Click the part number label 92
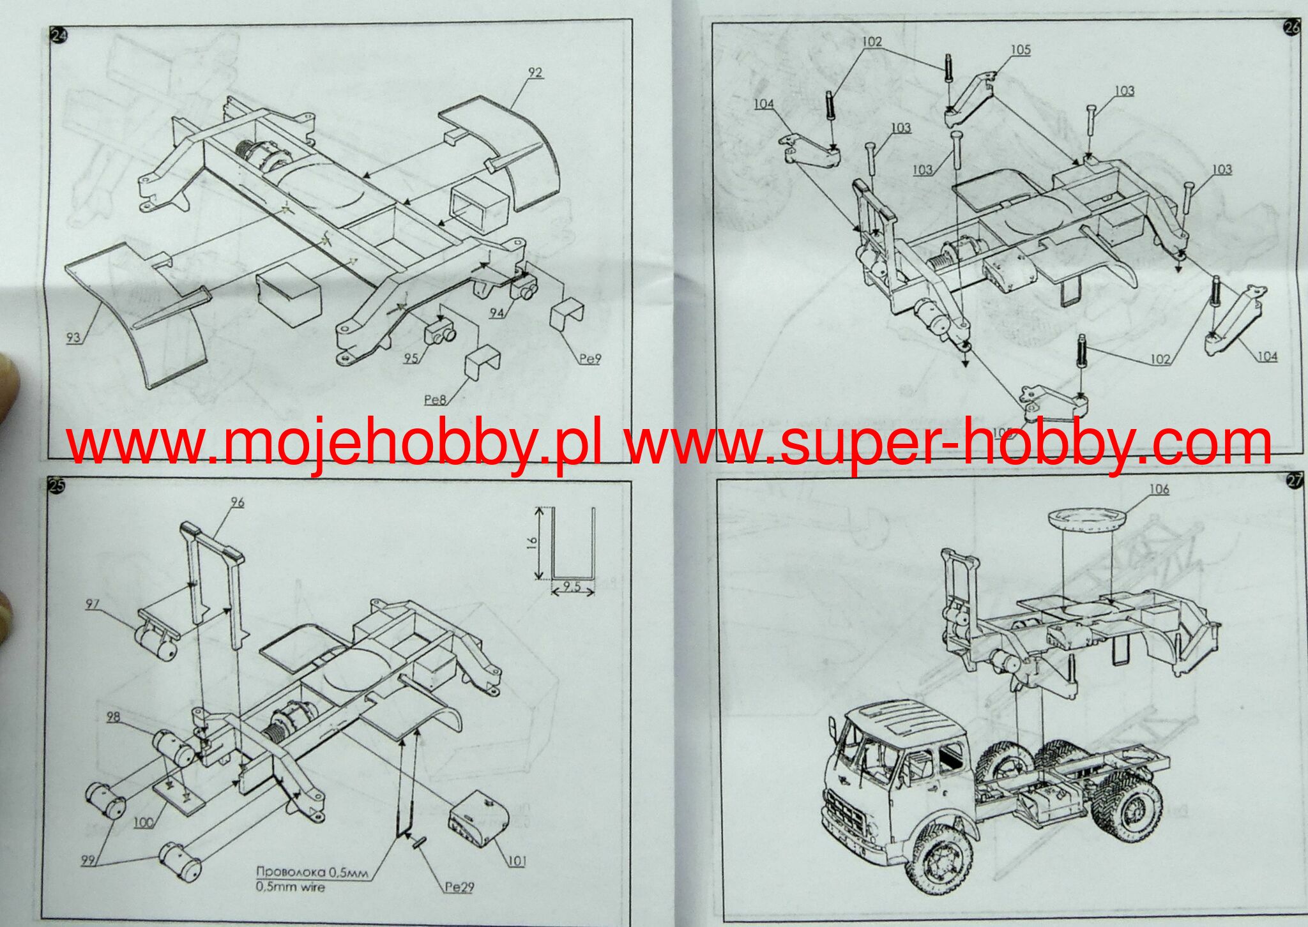click(x=535, y=72)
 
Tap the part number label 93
click(x=73, y=336)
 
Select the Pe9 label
click(x=590, y=358)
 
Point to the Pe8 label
click(x=435, y=400)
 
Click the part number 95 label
click(x=411, y=358)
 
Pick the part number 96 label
click(x=237, y=502)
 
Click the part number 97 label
click(x=93, y=604)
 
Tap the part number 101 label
click(x=516, y=862)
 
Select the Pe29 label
click(x=459, y=887)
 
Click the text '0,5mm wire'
click(x=290, y=887)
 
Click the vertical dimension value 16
click(x=533, y=543)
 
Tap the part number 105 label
click(x=1020, y=49)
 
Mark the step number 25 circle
click(x=56, y=486)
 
